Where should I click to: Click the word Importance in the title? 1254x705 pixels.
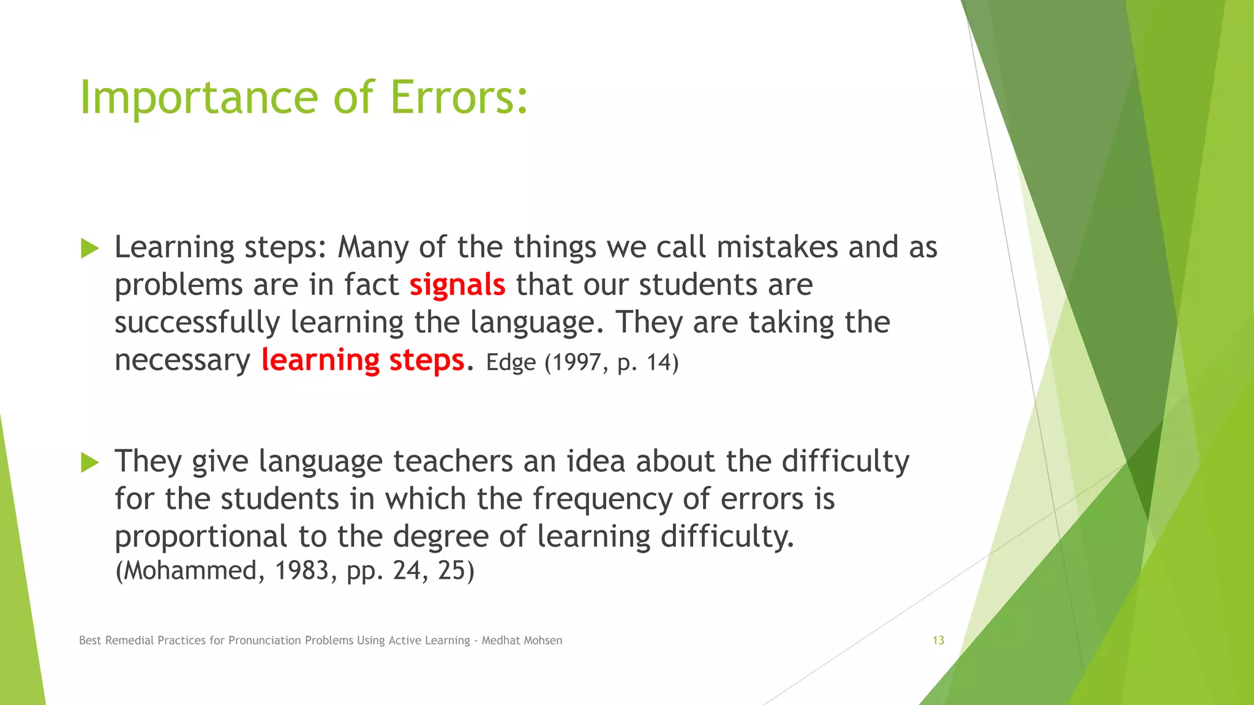[199, 98]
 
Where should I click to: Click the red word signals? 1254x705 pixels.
[457, 285]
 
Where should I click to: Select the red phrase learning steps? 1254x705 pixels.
[362, 360]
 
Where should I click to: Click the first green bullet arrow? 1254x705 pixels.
[90, 248]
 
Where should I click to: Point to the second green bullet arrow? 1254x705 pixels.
[90, 463]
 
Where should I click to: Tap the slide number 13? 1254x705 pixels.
[938, 641]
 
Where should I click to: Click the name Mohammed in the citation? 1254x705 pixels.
[190, 571]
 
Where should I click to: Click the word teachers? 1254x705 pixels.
[453, 461]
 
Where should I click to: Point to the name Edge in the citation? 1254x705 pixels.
[511, 362]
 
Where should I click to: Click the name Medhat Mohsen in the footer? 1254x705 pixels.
[522, 641]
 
